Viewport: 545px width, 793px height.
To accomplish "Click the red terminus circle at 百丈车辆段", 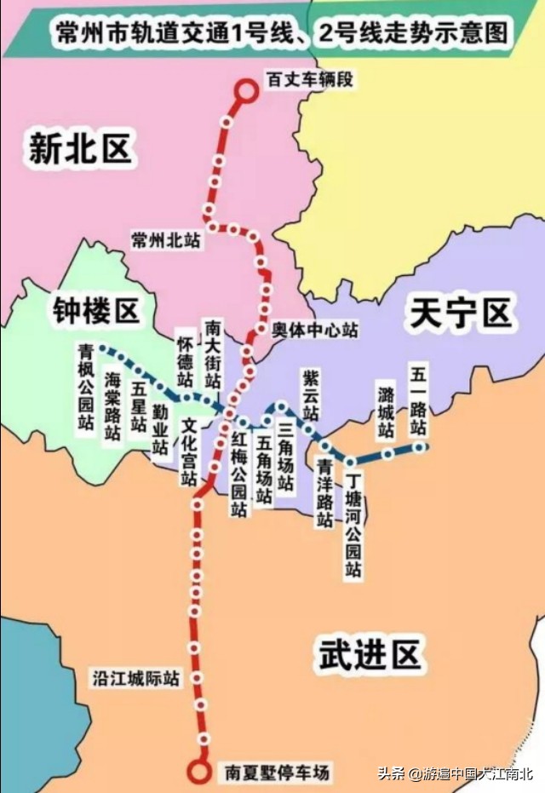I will (x=245, y=91).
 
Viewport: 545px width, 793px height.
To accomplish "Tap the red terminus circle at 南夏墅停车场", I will (x=199, y=772).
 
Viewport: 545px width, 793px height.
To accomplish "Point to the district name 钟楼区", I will (x=95, y=311).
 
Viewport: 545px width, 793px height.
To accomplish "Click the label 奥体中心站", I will (x=315, y=330).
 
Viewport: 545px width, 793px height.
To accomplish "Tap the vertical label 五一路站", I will (x=417, y=400).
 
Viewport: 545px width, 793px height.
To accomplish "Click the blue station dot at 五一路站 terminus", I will (x=419, y=446).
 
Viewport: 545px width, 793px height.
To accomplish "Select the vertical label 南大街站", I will (x=213, y=354).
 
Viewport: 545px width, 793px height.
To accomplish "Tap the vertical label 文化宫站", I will (x=188, y=451).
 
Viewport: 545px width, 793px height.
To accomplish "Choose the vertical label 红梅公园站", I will (x=239, y=474).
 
